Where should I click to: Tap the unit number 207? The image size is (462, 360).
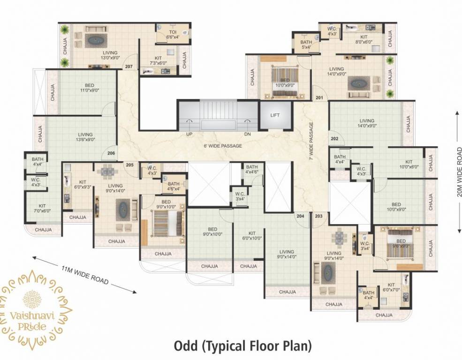[129, 67]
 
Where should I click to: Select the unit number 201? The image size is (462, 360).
[319, 98]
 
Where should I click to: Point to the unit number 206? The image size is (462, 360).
[111, 153]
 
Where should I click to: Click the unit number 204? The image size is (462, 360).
[300, 216]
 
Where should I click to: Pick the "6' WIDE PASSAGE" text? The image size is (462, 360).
[223, 146]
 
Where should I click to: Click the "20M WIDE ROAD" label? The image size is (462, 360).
[460, 172]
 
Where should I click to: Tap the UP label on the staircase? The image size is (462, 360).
[190, 134]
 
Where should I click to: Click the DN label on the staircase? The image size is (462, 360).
[248, 134]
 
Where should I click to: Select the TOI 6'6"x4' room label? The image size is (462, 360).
[173, 34]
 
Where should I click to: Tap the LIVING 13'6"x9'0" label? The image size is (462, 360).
[85, 137]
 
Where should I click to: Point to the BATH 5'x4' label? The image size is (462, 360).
[306, 45]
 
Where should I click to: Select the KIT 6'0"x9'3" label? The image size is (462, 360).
[83, 184]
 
